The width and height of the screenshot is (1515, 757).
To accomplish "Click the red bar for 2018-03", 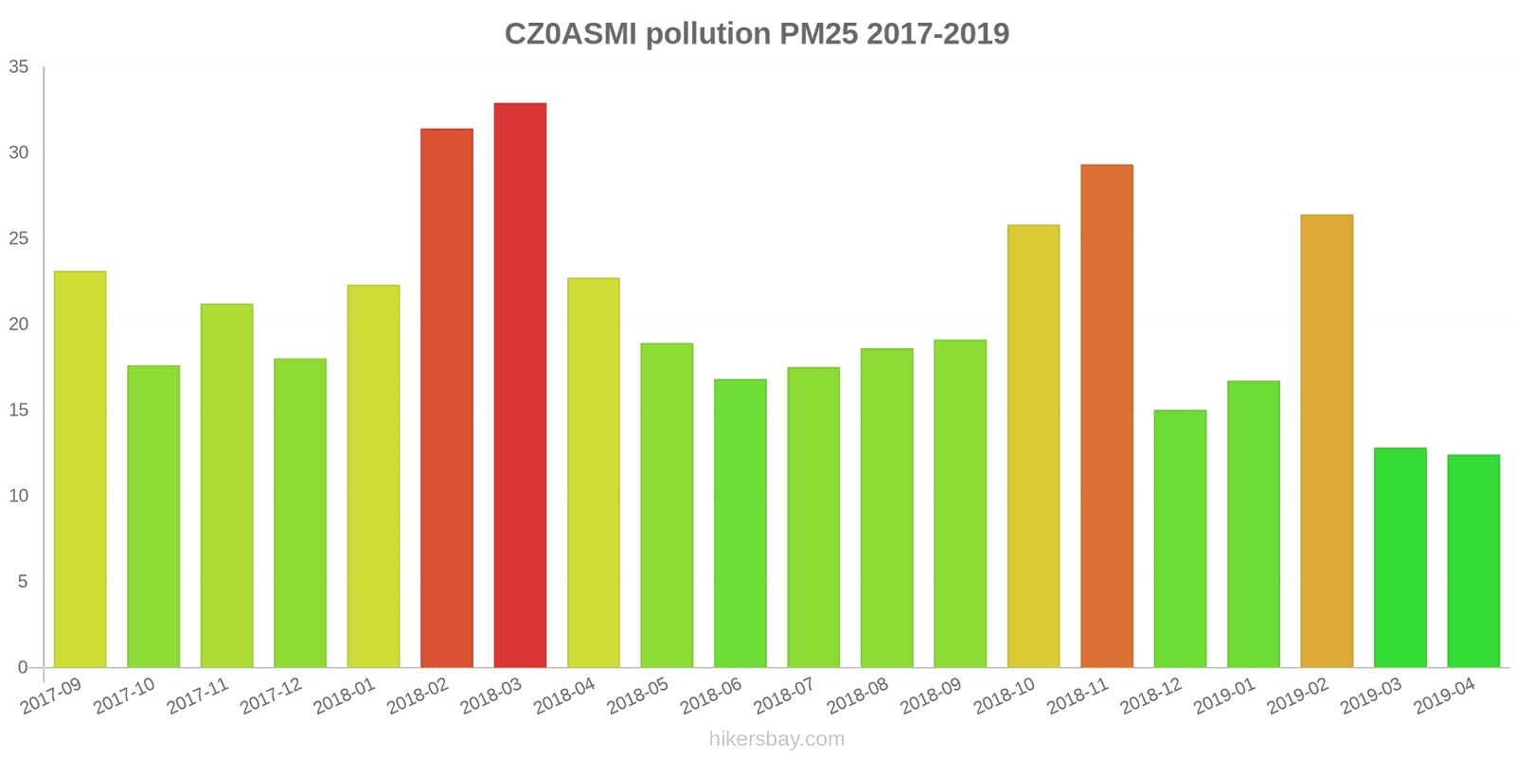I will pos(520,385).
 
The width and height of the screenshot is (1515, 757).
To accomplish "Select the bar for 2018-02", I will pos(447,397).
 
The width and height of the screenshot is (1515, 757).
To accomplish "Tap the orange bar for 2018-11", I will pos(1107,416).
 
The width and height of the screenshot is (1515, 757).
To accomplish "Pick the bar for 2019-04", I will pos(1473,561).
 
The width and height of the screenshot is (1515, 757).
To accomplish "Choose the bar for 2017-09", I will pos(80,469).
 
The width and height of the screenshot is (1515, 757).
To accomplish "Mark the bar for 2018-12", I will pos(1180,538).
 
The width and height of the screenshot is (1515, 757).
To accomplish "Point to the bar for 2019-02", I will pos(1327,441).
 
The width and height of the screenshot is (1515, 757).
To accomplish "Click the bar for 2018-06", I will pos(740,523).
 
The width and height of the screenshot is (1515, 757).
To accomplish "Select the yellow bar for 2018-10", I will pos(1033,446).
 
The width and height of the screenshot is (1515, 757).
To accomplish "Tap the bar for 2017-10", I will pos(153,517).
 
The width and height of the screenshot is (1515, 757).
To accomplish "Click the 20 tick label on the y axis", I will pos(19,325).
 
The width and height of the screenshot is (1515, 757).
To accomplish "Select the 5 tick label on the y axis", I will pos(23,582).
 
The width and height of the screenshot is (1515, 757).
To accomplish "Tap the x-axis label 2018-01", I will pos(345,696).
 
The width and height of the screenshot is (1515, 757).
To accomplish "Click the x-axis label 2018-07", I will pos(784,696).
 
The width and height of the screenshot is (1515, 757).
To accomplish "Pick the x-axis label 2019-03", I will pos(1370,696).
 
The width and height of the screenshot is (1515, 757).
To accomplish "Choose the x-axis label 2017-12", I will pos(271,696).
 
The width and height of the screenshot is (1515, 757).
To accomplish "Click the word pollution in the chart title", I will pos(708,34).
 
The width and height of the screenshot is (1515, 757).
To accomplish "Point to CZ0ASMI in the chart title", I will pos(571,34).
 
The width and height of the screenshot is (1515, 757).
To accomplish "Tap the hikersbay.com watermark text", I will pos(776,739).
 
